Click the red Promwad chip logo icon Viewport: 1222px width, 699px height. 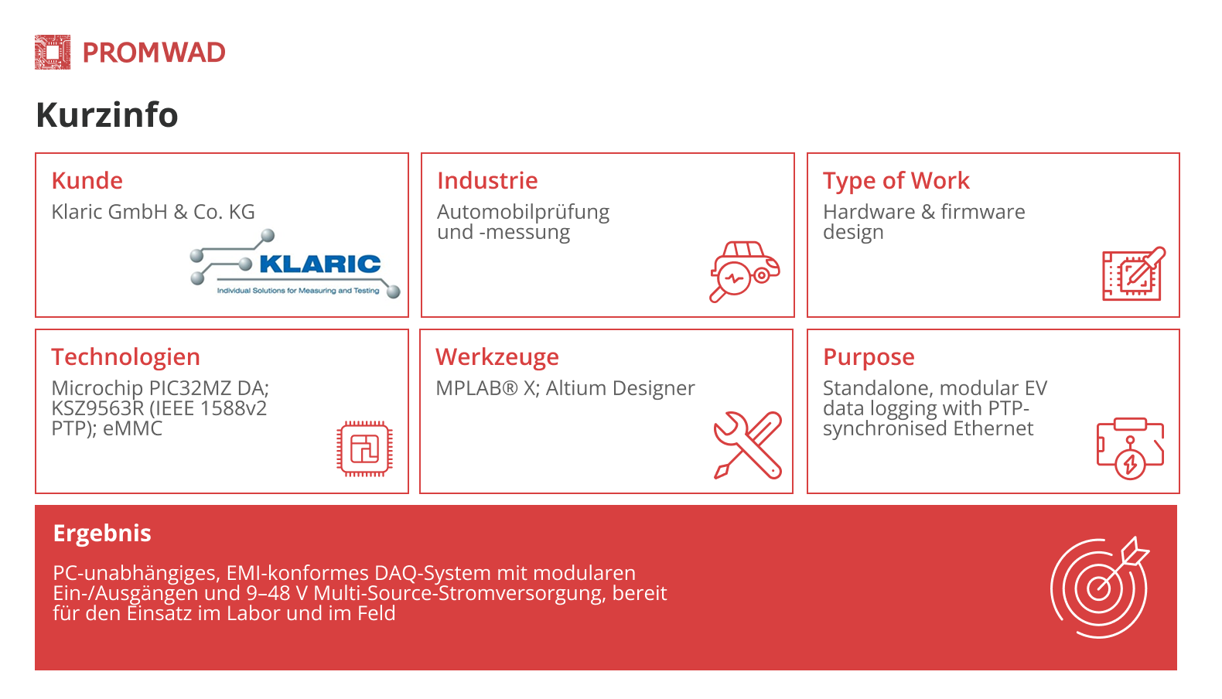(x=53, y=53)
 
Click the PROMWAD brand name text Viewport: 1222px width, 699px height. (x=154, y=53)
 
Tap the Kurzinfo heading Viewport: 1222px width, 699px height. (x=107, y=115)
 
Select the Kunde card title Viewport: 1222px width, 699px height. (x=87, y=181)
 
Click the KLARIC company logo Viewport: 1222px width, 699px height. (x=295, y=264)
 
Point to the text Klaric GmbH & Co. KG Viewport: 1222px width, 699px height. (x=153, y=212)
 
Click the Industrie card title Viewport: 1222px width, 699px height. (x=487, y=181)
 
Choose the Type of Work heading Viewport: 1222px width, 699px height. (x=896, y=181)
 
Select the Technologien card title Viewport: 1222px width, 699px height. (x=125, y=357)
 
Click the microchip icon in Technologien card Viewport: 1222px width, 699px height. (x=364, y=448)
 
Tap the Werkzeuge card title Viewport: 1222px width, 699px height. (x=497, y=357)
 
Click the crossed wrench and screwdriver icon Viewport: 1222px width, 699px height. (x=747, y=445)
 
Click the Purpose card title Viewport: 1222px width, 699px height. (x=869, y=357)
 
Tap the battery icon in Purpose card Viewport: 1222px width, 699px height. (x=1130, y=448)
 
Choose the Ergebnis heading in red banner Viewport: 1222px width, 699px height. (x=102, y=534)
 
